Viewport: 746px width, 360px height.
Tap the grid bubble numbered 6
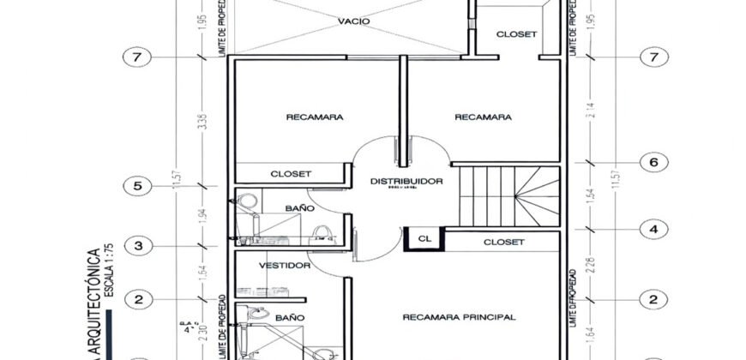[654, 161]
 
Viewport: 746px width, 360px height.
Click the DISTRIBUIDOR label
[406, 182]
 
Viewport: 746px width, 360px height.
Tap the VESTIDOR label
[283, 266]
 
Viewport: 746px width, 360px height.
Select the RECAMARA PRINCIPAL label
[459, 317]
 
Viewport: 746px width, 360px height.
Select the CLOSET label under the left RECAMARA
[291, 173]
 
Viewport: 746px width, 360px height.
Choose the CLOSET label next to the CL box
[503, 242]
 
